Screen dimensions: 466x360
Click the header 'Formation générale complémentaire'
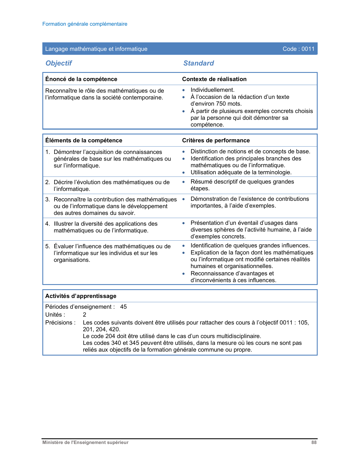pyautogui.click(x=85, y=24)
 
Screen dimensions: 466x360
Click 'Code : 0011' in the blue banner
pyautogui.click(x=298, y=49)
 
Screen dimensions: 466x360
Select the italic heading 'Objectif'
pyautogui.click(x=59, y=63)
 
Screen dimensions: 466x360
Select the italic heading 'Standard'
pyautogui.click(x=198, y=63)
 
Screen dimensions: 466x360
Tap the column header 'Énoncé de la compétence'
pyautogui.click(x=81, y=79)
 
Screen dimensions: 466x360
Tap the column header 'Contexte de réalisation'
pyautogui.click(x=214, y=79)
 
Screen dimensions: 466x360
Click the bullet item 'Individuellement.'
pyautogui.click(x=213, y=90)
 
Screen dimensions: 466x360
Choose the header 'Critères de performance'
pyautogui.click(x=216, y=140)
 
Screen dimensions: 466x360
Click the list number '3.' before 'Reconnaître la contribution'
pyautogui.click(x=48, y=199)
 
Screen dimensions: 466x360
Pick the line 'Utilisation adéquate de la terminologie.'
pyautogui.click(x=241, y=172)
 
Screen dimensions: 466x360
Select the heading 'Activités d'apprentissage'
pyautogui.click(x=81, y=296)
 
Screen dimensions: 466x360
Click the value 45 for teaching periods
pyautogui.click(x=123, y=307)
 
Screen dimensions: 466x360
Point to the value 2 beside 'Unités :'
pyautogui.click(x=84, y=315)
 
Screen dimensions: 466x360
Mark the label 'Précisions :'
pyautogui.click(x=60, y=323)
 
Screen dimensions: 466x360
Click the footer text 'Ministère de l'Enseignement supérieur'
pyautogui.click(x=85, y=443)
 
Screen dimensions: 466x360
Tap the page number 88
pyautogui.click(x=314, y=443)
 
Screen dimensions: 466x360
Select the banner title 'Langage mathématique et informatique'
pyautogui.click(x=96, y=49)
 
